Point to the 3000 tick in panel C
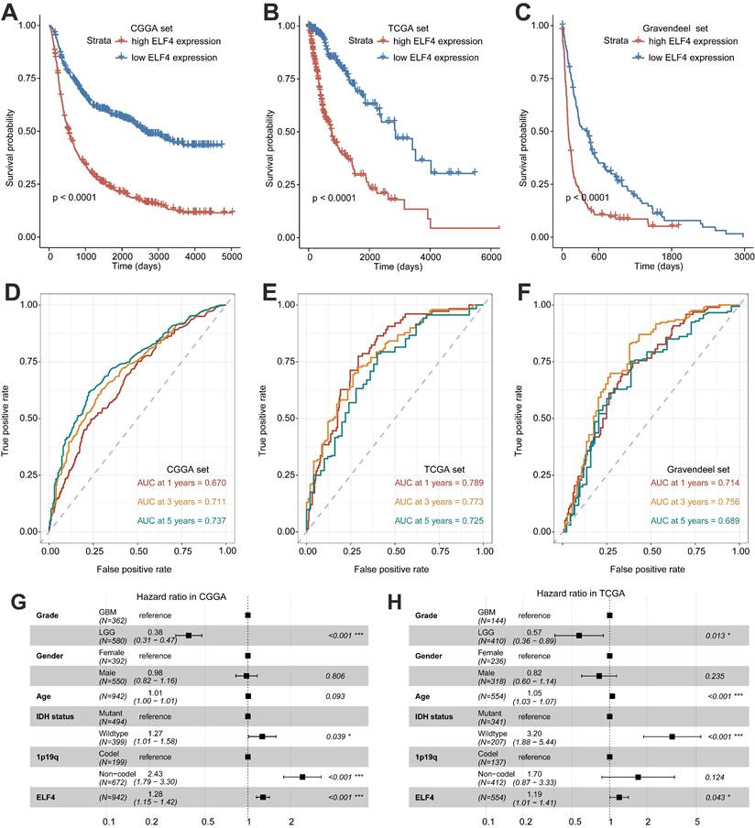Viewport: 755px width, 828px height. (x=743, y=257)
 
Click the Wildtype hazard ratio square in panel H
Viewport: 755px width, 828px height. (x=672, y=710)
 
